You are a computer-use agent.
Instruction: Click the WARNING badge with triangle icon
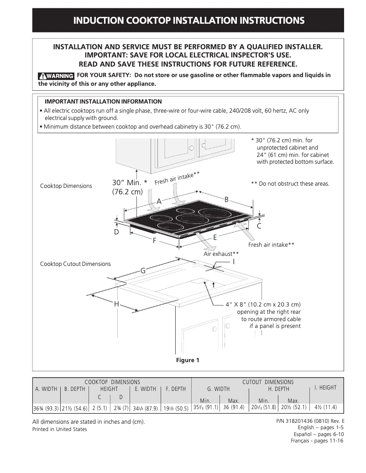[56, 76]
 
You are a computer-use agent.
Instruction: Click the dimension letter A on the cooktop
[159, 201]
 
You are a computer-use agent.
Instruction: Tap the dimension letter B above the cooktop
[226, 199]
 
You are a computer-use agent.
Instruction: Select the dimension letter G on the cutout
[142, 271]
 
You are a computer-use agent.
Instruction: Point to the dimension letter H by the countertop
[116, 304]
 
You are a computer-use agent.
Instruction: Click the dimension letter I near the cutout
[234, 262]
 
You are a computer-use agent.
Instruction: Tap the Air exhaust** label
[221, 254]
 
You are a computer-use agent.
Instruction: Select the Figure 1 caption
[188, 360]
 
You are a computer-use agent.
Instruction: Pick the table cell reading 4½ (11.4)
[325, 407]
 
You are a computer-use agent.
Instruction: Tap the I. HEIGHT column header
[325, 388]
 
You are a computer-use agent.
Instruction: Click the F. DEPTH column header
[175, 389]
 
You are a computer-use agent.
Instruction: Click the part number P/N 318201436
[310, 421]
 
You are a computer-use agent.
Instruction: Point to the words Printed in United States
[59, 429]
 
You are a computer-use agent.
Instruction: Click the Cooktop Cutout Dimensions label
[75, 264]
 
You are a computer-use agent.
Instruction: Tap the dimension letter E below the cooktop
[215, 238]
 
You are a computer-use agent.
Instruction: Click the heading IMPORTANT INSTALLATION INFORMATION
[103, 101]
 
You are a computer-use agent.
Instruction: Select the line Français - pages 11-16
[317, 441]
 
